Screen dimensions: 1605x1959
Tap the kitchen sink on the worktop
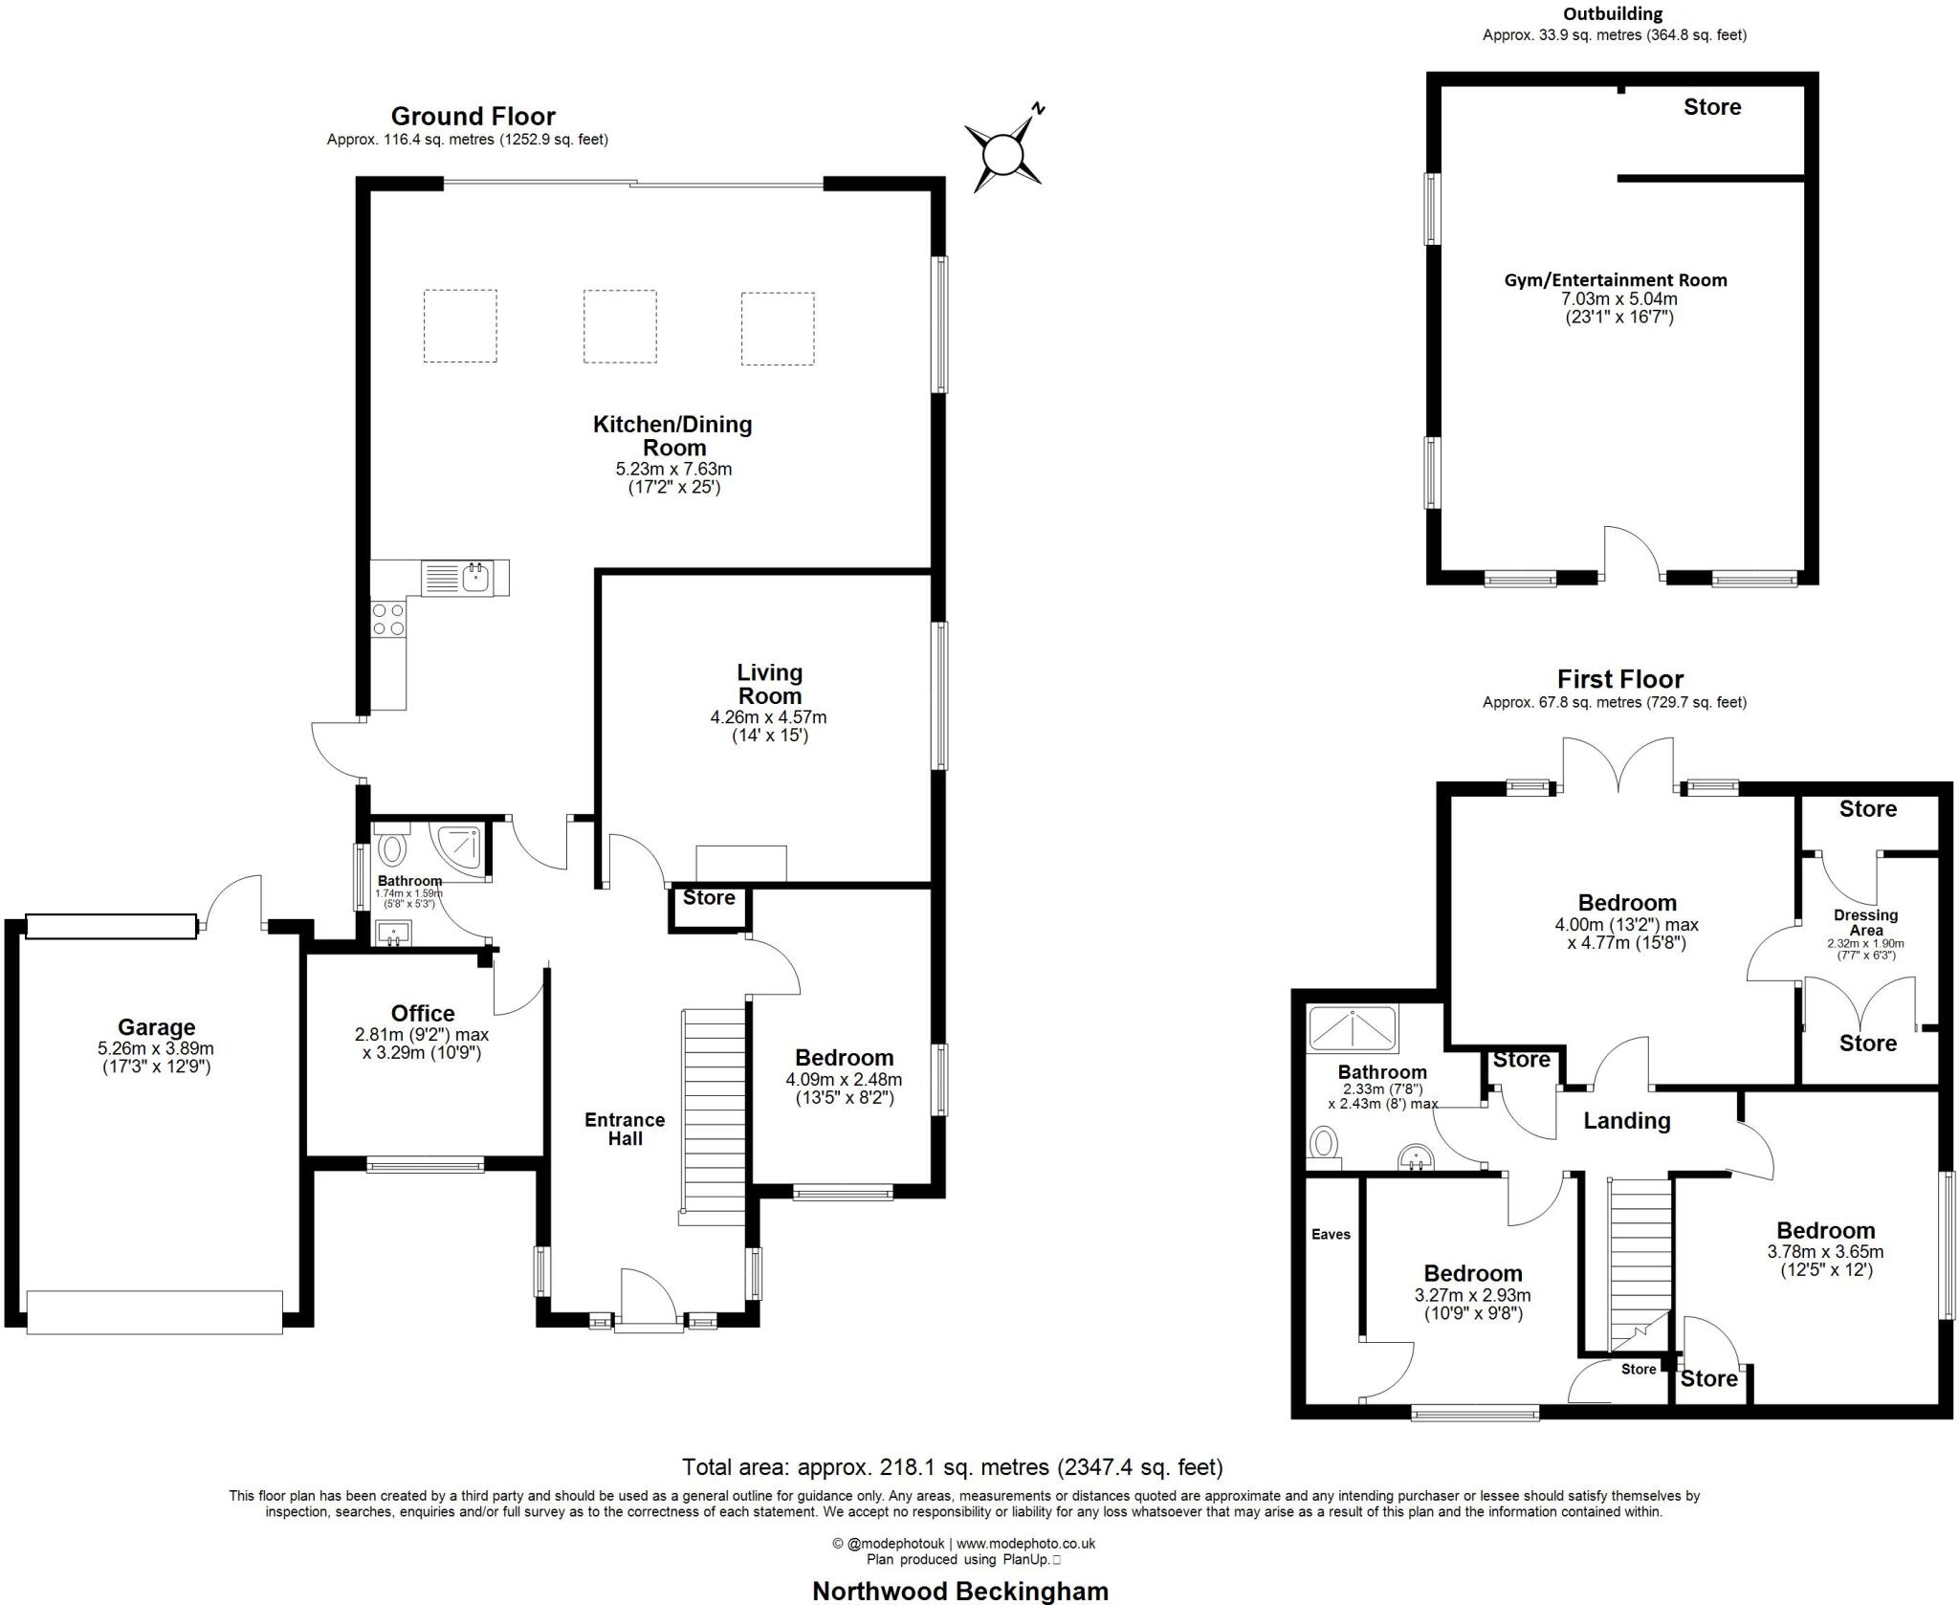(474, 577)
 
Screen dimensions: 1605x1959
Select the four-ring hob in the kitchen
(388, 619)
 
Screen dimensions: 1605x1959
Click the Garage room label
(156, 1027)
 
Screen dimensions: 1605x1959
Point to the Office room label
(423, 1013)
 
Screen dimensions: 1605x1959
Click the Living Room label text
(769, 684)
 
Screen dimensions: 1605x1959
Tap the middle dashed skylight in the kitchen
(620, 326)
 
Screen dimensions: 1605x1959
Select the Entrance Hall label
(626, 1129)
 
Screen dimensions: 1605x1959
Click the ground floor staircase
(713, 1114)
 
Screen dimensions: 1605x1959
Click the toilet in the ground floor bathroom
(392, 849)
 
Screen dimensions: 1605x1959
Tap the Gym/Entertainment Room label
(1616, 280)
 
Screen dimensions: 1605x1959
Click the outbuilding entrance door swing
(1632, 553)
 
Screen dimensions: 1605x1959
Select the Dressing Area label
(1865, 922)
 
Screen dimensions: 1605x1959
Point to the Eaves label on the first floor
(1331, 1234)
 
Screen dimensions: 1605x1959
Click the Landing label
(1626, 1120)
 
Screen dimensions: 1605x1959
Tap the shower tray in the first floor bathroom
(1353, 1028)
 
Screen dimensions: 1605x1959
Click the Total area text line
(952, 1466)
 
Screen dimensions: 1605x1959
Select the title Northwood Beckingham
(959, 1591)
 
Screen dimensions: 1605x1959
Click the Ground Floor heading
(473, 117)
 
